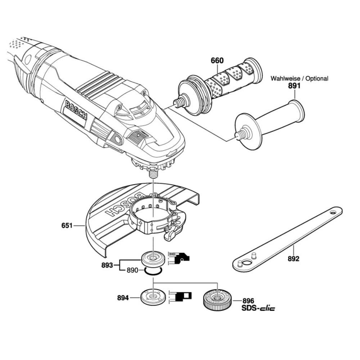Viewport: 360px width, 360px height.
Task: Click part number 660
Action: (217, 60)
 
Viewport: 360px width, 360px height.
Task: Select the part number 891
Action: (294, 86)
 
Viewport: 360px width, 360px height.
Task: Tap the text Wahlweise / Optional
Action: (299, 78)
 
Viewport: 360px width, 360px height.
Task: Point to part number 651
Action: (67, 225)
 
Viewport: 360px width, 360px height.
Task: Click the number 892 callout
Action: (294, 259)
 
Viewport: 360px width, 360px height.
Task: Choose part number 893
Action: (107, 265)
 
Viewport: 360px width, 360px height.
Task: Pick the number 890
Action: (133, 270)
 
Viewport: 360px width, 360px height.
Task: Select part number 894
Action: (123, 298)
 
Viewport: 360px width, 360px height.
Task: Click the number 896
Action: (248, 301)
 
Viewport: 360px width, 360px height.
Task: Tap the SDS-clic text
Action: (258, 308)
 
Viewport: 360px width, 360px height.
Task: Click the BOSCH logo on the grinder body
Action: (76, 110)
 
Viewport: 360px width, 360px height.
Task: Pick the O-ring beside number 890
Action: (154, 271)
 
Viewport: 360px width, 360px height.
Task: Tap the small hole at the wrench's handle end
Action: (333, 212)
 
